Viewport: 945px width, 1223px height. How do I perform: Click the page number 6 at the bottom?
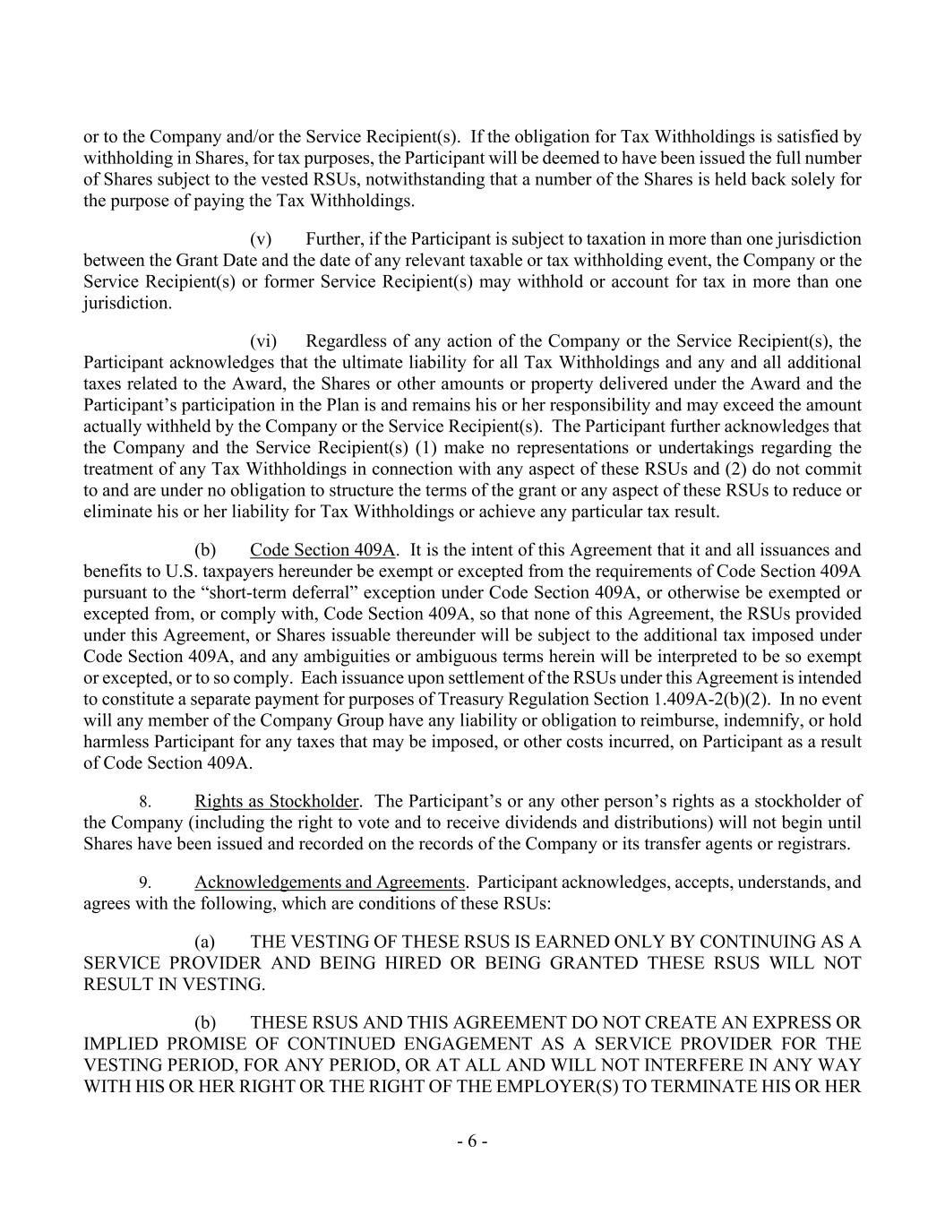[x=472, y=1141]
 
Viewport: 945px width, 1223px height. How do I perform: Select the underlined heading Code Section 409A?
[x=322, y=550]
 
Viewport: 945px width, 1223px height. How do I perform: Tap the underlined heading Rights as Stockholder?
[x=277, y=802]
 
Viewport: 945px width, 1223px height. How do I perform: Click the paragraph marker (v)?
[x=260, y=239]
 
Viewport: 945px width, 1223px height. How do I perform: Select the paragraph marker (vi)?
[x=262, y=341]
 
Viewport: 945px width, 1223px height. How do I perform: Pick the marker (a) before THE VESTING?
[x=205, y=943]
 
